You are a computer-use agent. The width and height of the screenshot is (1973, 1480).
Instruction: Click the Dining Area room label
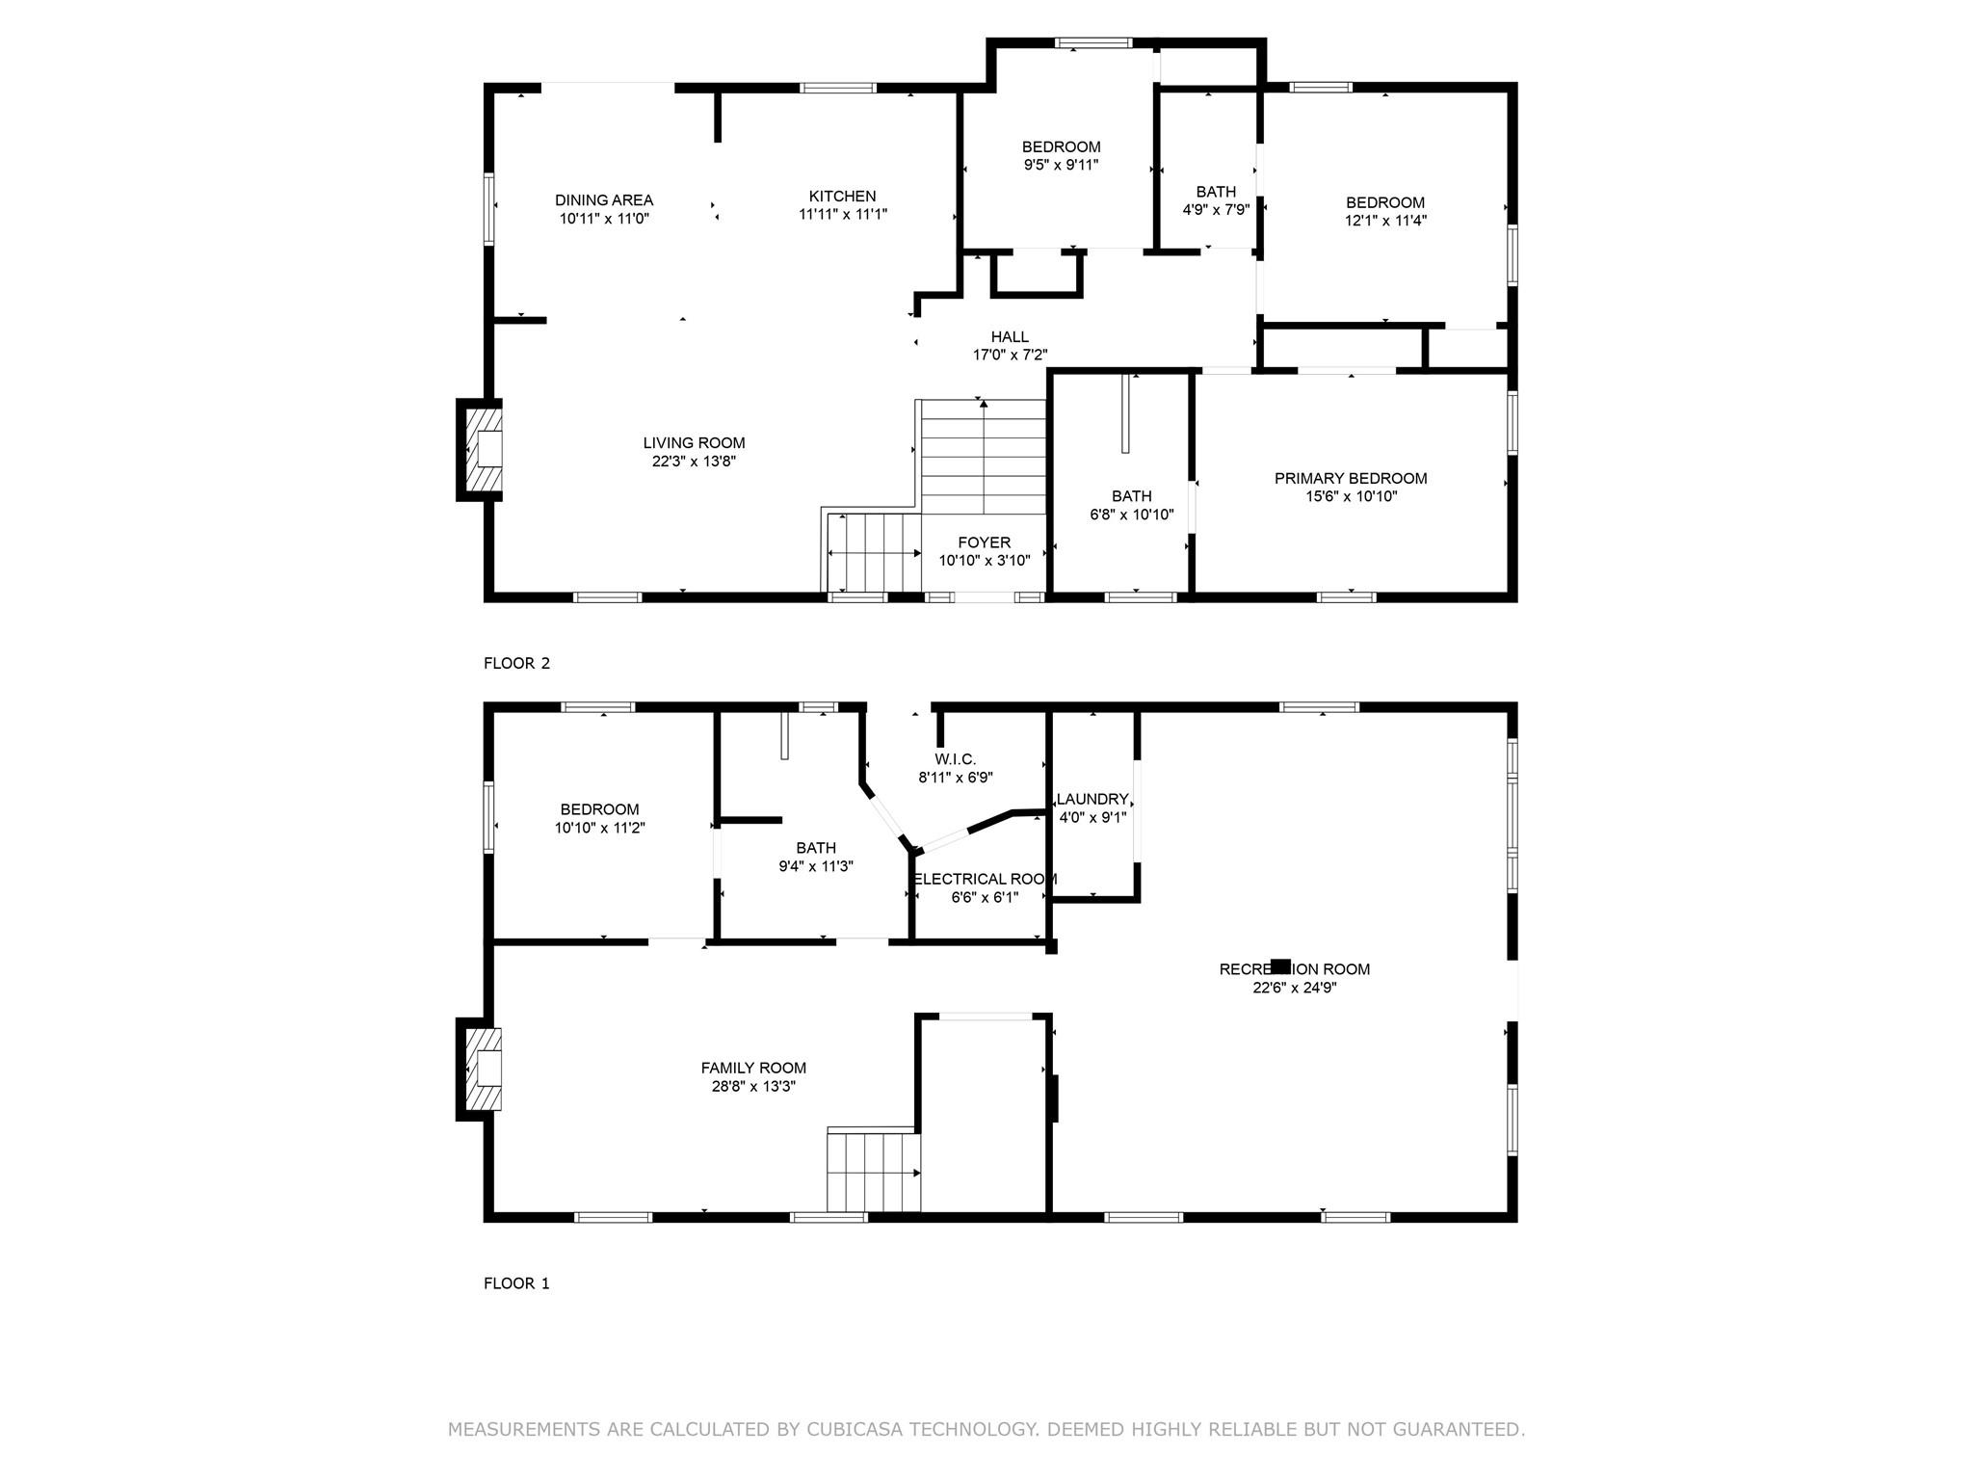604,200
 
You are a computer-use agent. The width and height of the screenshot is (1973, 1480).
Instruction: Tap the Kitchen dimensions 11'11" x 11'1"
842,215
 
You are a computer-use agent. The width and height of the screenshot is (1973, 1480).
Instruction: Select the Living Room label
694,443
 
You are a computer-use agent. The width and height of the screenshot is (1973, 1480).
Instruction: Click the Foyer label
984,542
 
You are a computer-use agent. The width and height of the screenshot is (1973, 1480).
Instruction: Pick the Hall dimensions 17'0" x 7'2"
1010,355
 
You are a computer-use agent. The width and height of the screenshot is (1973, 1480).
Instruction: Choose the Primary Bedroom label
1350,479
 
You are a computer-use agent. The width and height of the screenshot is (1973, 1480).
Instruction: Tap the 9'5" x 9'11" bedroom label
1061,146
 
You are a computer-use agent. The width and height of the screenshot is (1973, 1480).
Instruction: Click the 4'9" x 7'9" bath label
1215,192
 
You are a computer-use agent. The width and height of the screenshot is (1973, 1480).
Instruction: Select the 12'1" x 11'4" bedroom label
1384,202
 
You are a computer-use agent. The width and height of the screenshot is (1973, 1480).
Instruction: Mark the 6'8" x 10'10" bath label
1131,496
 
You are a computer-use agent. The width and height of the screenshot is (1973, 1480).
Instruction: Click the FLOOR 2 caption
516,663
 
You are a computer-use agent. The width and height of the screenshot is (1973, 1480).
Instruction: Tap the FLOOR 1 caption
516,1283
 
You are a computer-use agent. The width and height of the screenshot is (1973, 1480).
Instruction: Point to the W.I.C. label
955,759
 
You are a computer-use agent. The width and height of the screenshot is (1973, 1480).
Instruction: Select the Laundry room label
1092,799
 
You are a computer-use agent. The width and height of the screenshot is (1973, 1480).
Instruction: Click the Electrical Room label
985,879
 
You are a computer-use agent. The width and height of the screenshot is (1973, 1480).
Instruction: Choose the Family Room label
752,1068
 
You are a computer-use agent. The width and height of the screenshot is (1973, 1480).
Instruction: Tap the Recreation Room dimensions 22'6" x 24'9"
1294,987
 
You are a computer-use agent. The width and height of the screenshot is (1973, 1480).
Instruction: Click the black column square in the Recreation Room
1280,966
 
